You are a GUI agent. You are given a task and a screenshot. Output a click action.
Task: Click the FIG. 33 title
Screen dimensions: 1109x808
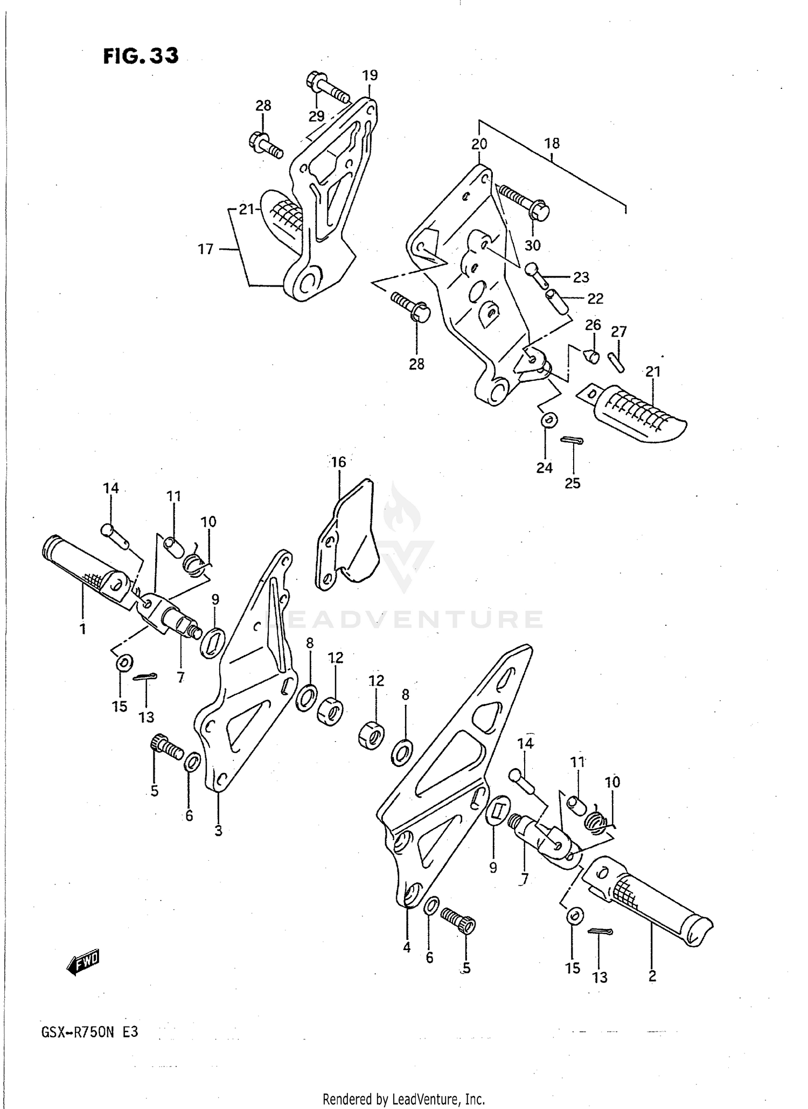[x=141, y=56]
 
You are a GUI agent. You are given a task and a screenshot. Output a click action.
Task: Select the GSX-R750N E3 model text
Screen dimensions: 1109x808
[x=89, y=1033]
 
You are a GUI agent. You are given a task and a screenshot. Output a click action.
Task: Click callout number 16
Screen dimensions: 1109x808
[x=338, y=462]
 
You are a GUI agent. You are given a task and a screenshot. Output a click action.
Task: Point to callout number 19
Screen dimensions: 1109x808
[x=370, y=75]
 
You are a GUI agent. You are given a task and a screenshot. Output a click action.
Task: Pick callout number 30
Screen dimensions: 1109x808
[x=532, y=246]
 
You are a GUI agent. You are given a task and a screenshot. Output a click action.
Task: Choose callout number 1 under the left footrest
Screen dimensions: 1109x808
[x=83, y=629]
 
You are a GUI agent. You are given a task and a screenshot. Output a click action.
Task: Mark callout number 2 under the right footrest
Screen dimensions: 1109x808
[x=652, y=975]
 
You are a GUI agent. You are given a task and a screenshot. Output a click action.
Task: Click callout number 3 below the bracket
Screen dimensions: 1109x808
[x=218, y=831]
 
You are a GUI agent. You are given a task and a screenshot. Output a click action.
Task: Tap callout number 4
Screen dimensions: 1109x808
[x=407, y=947]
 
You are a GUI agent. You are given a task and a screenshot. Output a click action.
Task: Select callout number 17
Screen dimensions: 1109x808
[x=206, y=249]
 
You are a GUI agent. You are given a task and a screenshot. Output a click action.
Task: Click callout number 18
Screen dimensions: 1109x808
[x=552, y=143]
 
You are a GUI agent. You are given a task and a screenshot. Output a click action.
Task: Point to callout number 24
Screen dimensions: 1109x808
[x=544, y=468]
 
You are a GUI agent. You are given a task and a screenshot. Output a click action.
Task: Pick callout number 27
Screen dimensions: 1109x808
[x=619, y=331]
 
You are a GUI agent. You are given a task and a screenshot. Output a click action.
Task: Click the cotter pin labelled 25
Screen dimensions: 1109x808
[x=572, y=440]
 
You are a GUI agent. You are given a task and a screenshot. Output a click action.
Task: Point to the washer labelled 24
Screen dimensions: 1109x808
[x=549, y=420]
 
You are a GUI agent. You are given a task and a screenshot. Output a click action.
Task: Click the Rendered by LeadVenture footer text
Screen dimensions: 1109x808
[x=403, y=1099]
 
